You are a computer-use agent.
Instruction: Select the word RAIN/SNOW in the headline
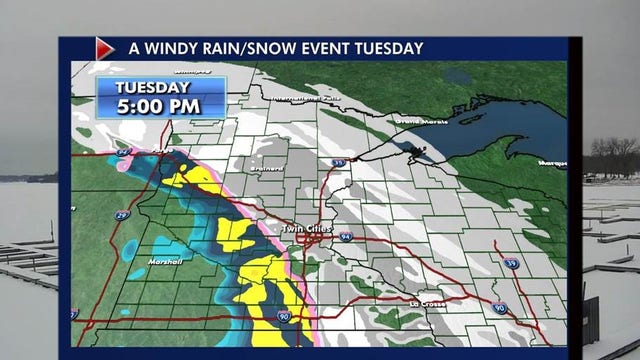point(258,48)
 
